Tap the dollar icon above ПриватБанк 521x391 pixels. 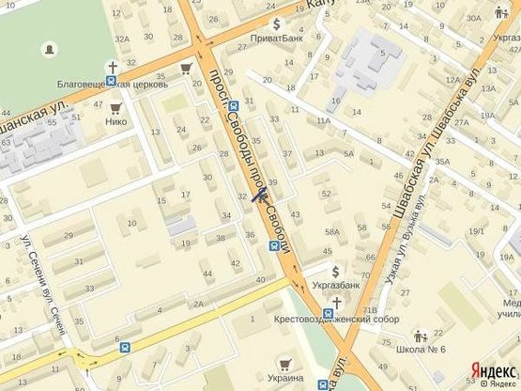276,23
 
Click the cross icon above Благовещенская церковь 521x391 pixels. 113,67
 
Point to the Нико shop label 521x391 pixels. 116,120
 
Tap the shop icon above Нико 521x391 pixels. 116,106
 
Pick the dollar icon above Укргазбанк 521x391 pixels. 336,271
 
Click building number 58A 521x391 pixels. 331,231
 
